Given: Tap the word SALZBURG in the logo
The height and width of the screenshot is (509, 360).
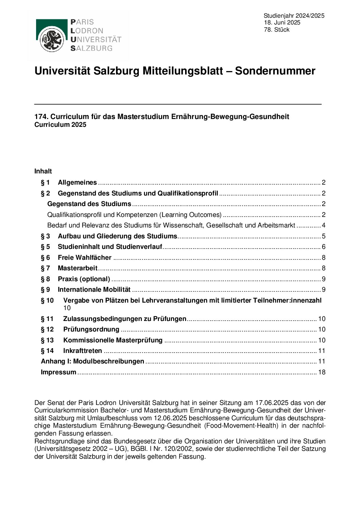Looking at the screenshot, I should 91,48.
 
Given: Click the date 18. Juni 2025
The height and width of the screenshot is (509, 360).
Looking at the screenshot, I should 282,23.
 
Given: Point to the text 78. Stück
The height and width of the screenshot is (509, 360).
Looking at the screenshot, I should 277,30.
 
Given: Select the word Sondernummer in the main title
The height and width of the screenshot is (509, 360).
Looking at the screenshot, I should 275,71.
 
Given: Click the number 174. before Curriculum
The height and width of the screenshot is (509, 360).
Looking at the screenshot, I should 41,117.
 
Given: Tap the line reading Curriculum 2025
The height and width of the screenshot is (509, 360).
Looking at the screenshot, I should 60,125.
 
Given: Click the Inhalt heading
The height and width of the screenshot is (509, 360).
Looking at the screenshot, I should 43,171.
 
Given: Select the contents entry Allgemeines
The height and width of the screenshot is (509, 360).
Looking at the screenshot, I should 77,183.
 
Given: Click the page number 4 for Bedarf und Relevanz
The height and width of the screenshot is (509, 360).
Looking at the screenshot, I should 324,225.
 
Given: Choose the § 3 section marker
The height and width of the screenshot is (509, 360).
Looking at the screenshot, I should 45,236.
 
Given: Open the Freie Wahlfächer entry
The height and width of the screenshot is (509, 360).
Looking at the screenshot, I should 85,258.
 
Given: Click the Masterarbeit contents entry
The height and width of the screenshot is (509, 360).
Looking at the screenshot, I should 78,268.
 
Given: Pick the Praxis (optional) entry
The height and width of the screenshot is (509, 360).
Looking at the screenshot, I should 84,279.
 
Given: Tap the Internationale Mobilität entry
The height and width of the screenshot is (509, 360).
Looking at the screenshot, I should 94,290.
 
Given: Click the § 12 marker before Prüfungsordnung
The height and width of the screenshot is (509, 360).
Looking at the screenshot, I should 47,329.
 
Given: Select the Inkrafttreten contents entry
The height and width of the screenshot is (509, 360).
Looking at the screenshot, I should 83,351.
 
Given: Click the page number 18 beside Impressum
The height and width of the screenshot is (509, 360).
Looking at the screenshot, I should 322,372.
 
